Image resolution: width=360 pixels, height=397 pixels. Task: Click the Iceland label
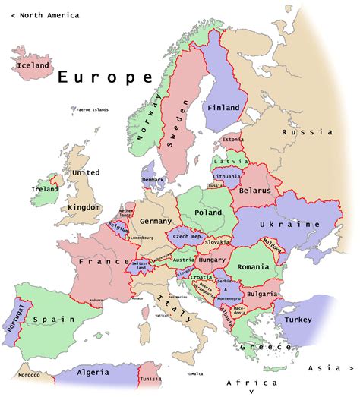(33, 65)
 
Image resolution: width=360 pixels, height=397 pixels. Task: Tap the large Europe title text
(106, 77)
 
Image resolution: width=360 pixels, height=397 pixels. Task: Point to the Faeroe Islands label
(92, 109)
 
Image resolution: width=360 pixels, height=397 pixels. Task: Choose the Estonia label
(233, 140)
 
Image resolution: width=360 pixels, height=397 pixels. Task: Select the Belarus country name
(254, 191)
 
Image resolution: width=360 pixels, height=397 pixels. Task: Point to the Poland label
(209, 213)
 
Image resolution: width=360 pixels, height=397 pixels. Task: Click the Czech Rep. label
(185, 237)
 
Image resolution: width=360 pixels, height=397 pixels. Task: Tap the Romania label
(253, 267)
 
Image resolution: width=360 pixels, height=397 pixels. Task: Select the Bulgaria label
(261, 293)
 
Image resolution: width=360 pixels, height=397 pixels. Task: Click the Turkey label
(298, 320)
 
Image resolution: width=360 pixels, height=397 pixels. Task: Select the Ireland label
(44, 189)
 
